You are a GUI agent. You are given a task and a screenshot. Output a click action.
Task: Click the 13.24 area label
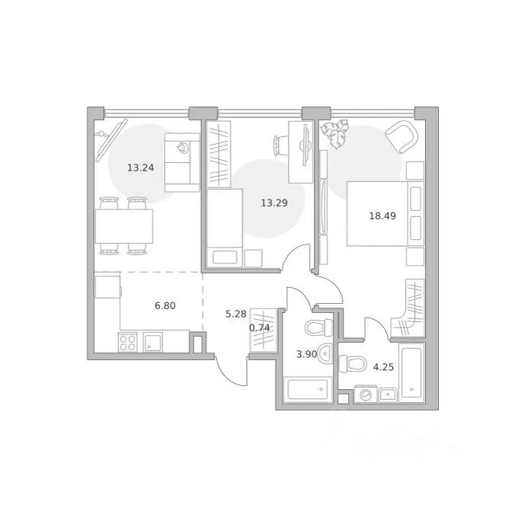click(x=140, y=168)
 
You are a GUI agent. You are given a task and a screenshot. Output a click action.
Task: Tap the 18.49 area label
click(x=382, y=216)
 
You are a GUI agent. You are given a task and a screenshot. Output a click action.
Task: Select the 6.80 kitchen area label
click(x=165, y=306)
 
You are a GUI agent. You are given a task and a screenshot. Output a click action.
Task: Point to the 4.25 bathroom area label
click(x=383, y=367)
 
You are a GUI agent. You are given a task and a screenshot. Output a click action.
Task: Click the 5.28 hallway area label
click(x=236, y=314)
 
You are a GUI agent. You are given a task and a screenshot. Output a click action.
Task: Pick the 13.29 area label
click(x=274, y=203)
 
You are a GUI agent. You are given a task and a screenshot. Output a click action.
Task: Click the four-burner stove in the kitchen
click(x=128, y=343)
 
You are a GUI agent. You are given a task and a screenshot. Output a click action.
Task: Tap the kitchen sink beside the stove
click(x=152, y=342)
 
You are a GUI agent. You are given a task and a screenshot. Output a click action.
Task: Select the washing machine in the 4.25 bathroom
click(x=365, y=394)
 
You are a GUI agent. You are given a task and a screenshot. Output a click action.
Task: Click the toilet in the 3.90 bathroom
click(x=318, y=328)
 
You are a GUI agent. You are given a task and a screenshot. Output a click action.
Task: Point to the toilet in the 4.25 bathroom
click(x=353, y=364)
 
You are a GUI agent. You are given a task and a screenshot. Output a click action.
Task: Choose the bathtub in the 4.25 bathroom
click(x=411, y=373)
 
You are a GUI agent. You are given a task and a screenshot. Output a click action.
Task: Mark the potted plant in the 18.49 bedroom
click(x=335, y=133)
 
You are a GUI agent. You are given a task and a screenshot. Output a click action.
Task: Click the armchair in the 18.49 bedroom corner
click(x=402, y=136)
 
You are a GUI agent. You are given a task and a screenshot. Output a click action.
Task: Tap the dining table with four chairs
click(x=124, y=226)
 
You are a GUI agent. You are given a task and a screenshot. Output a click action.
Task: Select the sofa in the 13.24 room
click(x=182, y=162)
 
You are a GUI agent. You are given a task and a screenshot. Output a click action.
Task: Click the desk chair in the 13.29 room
click(x=280, y=145)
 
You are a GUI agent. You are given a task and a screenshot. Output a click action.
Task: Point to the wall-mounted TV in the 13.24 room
click(x=111, y=140)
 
